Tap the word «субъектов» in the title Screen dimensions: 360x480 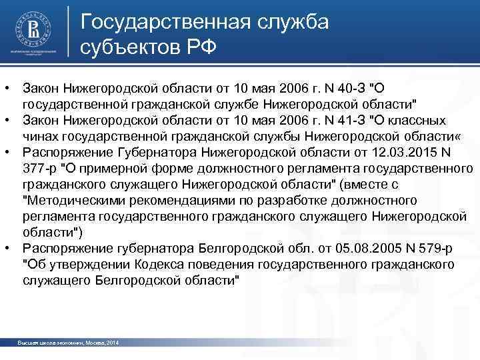point(130,47)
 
